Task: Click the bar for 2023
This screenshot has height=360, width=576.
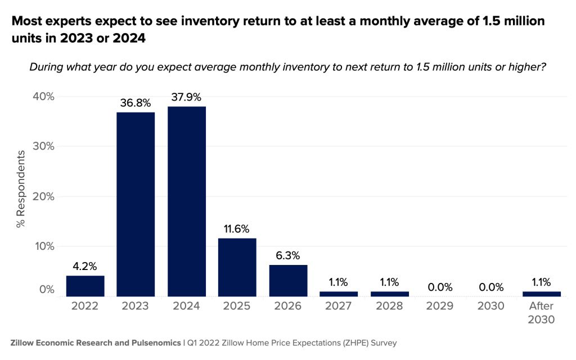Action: (x=136, y=204)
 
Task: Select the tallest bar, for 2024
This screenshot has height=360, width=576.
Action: (x=187, y=201)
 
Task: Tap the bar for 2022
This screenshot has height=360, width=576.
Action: (x=85, y=286)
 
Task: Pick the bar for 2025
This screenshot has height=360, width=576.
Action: (x=237, y=267)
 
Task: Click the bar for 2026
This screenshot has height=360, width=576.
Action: (x=288, y=280)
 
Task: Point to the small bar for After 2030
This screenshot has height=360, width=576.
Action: (x=542, y=294)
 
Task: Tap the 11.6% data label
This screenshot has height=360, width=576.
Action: (x=237, y=229)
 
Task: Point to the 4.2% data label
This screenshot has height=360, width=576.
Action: (x=85, y=266)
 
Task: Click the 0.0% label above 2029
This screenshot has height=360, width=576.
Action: (x=440, y=287)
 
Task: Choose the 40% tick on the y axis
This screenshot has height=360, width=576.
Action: (x=43, y=96)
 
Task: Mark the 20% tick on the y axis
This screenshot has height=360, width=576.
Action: (x=43, y=196)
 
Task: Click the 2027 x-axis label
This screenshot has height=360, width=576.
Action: (x=339, y=306)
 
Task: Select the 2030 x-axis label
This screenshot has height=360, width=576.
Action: (x=491, y=306)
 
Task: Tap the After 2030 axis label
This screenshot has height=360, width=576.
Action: (x=542, y=313)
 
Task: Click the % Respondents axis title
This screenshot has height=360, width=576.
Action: (x=21, y=188)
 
